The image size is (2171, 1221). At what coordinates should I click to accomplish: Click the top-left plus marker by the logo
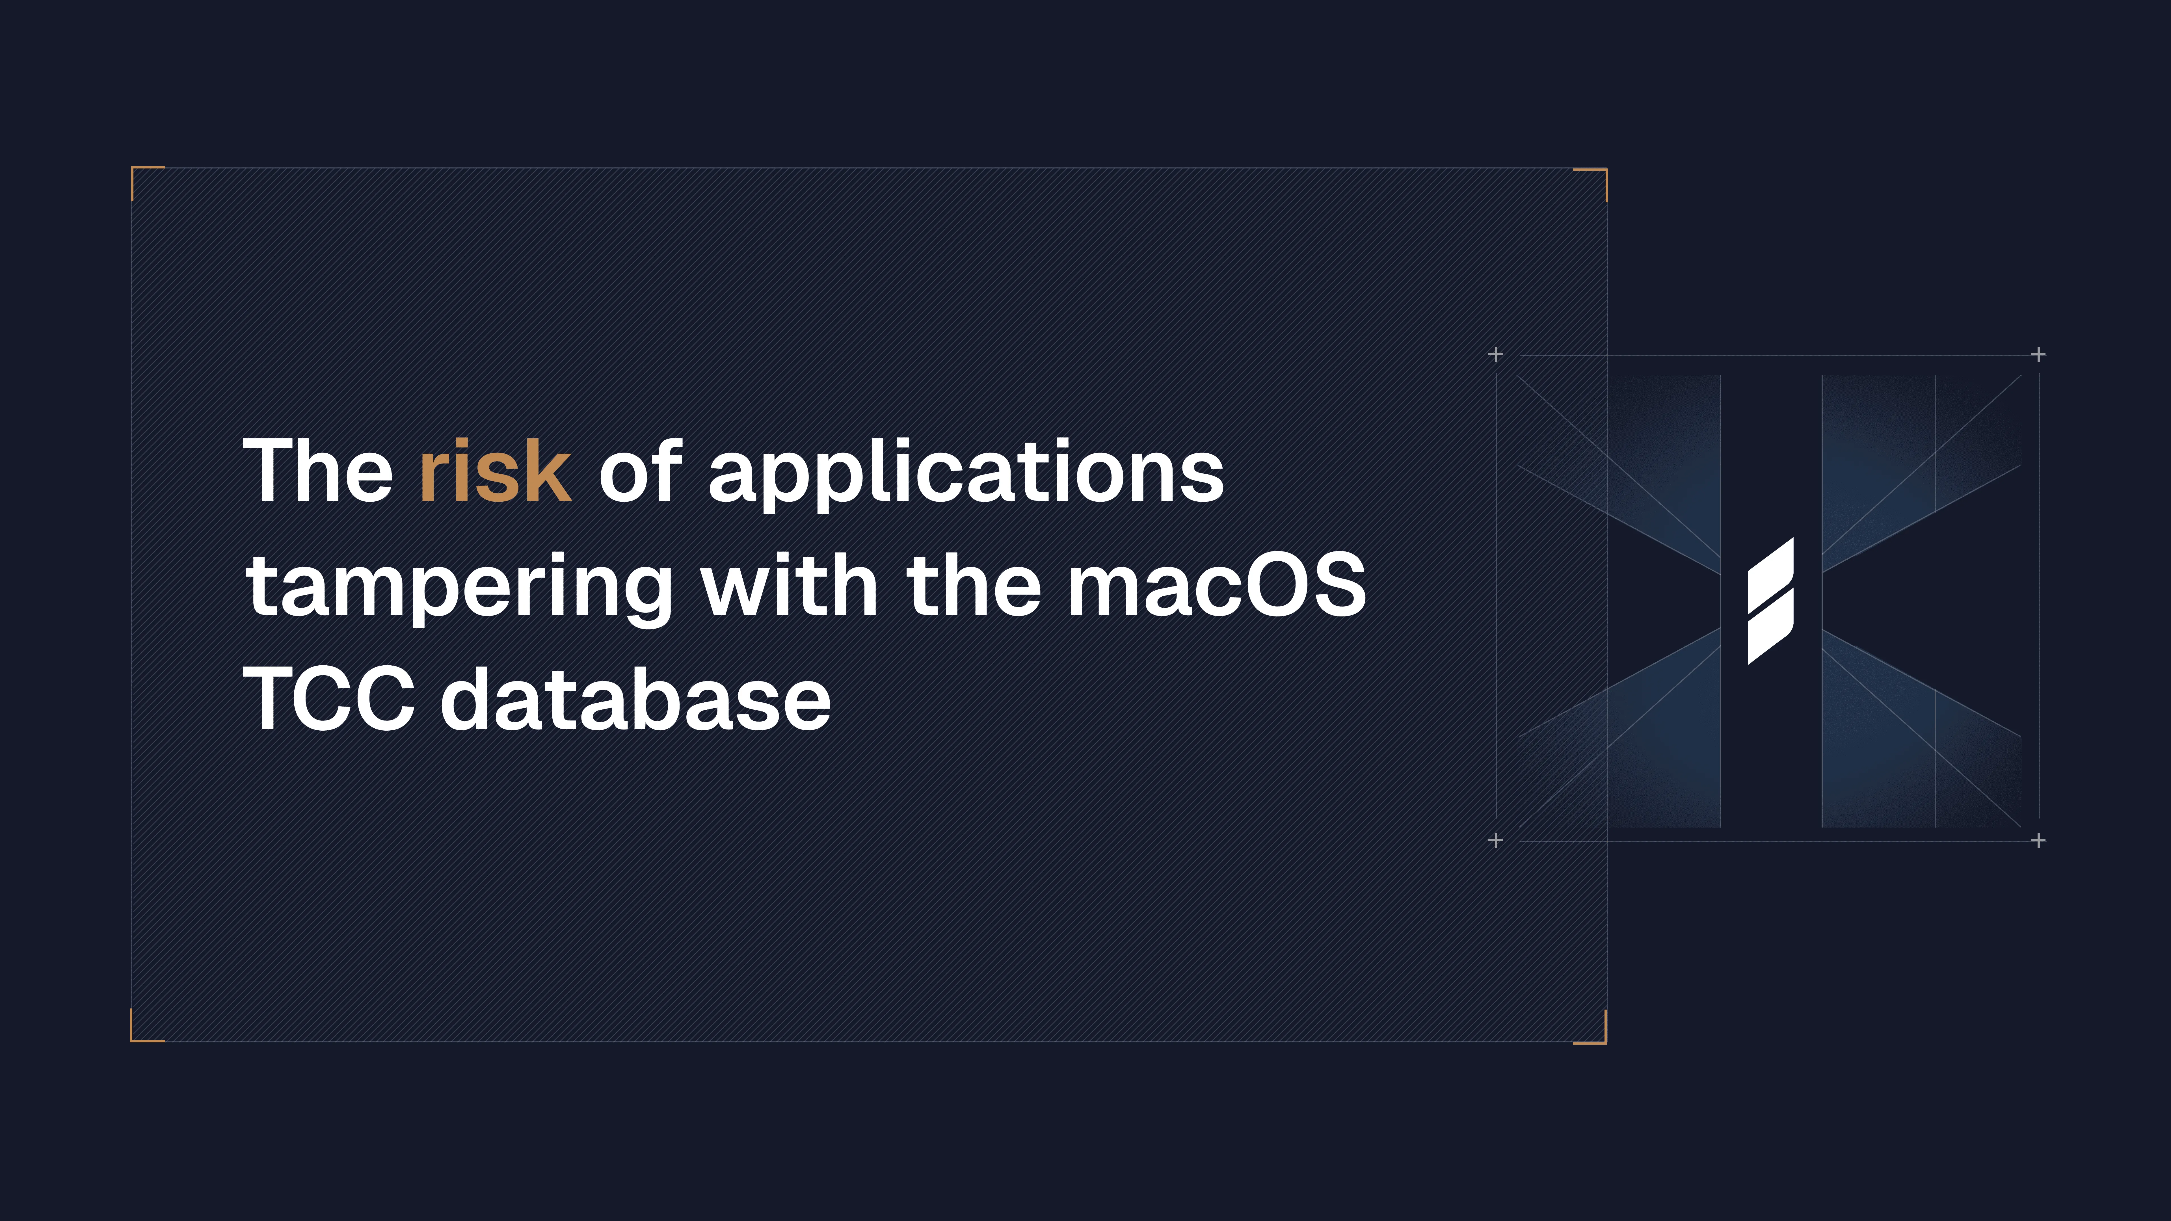pyautogui.click(x=1495, y=355)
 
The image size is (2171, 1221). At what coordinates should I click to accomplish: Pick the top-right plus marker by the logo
pyautogui.click(x=2038, y=355)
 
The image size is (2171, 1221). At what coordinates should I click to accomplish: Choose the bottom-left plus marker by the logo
pyautogui.click(x=1495, y=840)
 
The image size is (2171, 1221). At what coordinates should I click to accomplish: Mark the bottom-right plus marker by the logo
pyautogui.click(x=2038, y=840)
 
